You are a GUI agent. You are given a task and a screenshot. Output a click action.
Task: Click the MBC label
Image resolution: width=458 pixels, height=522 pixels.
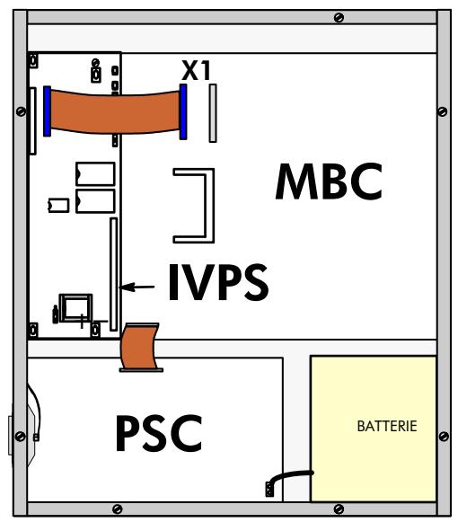click(329, 181)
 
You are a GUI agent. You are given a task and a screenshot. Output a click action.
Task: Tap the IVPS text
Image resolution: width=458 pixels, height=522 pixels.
click(218, 282)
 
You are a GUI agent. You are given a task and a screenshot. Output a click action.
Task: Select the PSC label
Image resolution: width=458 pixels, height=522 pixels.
click(159, 433)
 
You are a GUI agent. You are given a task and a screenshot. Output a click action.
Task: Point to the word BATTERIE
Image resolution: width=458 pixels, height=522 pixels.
click(387, 426)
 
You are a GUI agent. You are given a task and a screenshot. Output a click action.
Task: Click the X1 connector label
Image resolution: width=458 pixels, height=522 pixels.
click(196, 71)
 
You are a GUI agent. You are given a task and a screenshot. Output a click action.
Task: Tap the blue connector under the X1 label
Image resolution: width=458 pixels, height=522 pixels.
click(183, 111)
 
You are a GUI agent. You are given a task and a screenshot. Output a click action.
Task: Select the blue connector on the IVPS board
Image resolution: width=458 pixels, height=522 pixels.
click(48, 111)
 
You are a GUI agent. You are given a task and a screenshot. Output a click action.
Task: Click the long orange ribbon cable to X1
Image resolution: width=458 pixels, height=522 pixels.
click(115, 111)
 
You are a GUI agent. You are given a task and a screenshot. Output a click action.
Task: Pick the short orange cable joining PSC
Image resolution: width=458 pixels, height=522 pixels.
click(139, 347)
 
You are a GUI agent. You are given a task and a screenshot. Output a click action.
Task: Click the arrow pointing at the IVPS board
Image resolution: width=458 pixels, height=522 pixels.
click(137, 287)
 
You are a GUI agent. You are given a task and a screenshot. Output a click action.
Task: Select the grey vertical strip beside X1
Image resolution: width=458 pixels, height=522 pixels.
click(213, 113)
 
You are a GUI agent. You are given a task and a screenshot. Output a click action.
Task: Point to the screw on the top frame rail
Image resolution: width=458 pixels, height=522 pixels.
click(339, 18)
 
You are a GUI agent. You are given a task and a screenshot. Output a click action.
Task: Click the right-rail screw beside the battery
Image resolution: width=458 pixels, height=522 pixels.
click(444, 436)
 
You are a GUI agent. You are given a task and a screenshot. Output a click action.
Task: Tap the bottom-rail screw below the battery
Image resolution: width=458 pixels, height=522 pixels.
click(339, 509)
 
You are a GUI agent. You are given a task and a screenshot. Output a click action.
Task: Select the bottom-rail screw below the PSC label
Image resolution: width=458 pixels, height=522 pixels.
click(117, 509)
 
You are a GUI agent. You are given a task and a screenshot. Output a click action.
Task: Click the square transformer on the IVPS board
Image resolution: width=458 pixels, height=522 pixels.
click(75, 308)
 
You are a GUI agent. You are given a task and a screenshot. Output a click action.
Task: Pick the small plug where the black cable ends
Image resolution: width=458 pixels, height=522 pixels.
click(269, 490)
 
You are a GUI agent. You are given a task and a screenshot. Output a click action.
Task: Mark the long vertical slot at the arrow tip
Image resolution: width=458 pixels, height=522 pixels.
click(113, 274)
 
